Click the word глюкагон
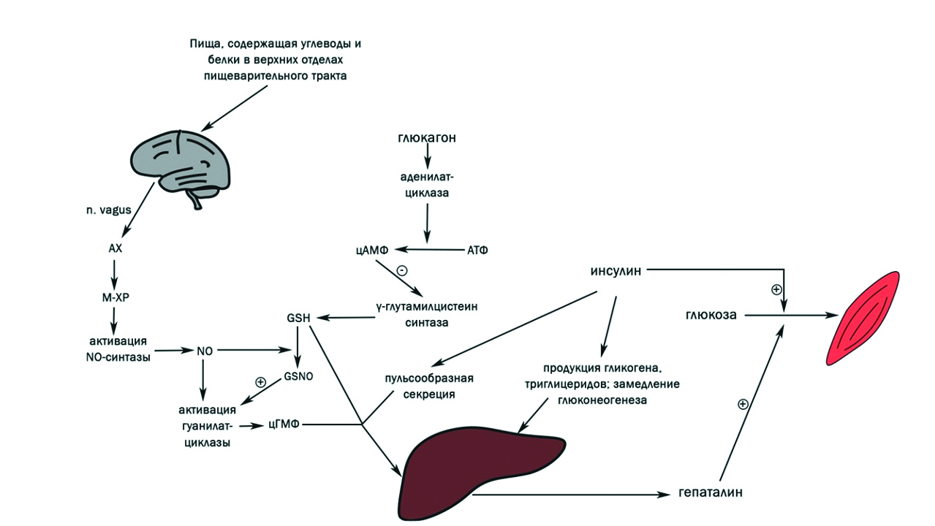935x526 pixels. [428, 138]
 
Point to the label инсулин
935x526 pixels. [616, 270]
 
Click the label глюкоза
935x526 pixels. [711, 316]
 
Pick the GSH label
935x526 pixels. [299, 318]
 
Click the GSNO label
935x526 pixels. [298, 378]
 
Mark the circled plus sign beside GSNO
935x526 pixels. [260, 382]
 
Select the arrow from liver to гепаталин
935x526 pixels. [570, 494]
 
